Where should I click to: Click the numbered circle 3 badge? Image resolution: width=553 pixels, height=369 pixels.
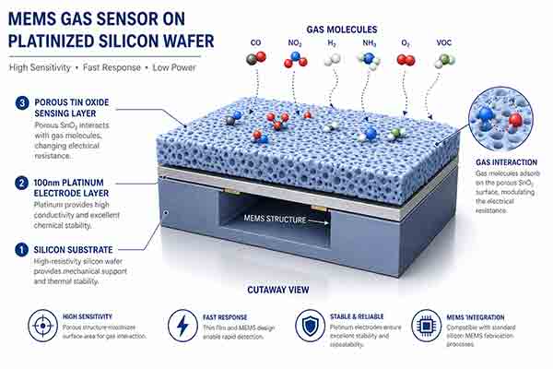point(20,103)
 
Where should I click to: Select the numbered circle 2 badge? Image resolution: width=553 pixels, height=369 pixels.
point(20,184)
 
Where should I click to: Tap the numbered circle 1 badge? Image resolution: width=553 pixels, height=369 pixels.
point(20,249)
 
